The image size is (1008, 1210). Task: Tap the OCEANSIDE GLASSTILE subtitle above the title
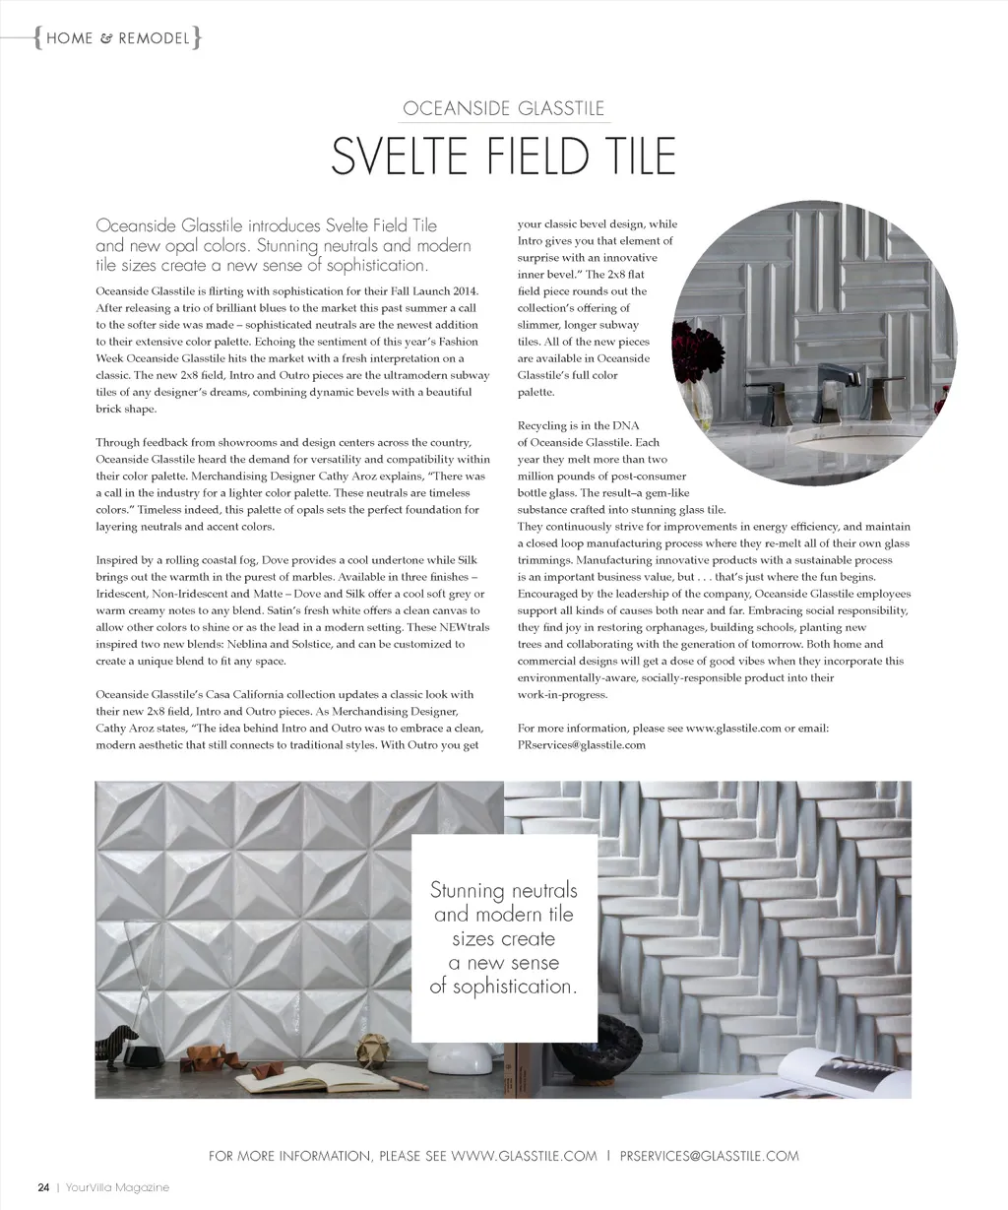tap(503, 108)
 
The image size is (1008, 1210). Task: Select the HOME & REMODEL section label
tap(117, 38)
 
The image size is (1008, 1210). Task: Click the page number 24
tap(43, 1186)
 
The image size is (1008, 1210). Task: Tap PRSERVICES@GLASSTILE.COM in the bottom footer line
tap(710, 1156)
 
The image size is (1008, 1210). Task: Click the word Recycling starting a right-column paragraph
tap(542, 425)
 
